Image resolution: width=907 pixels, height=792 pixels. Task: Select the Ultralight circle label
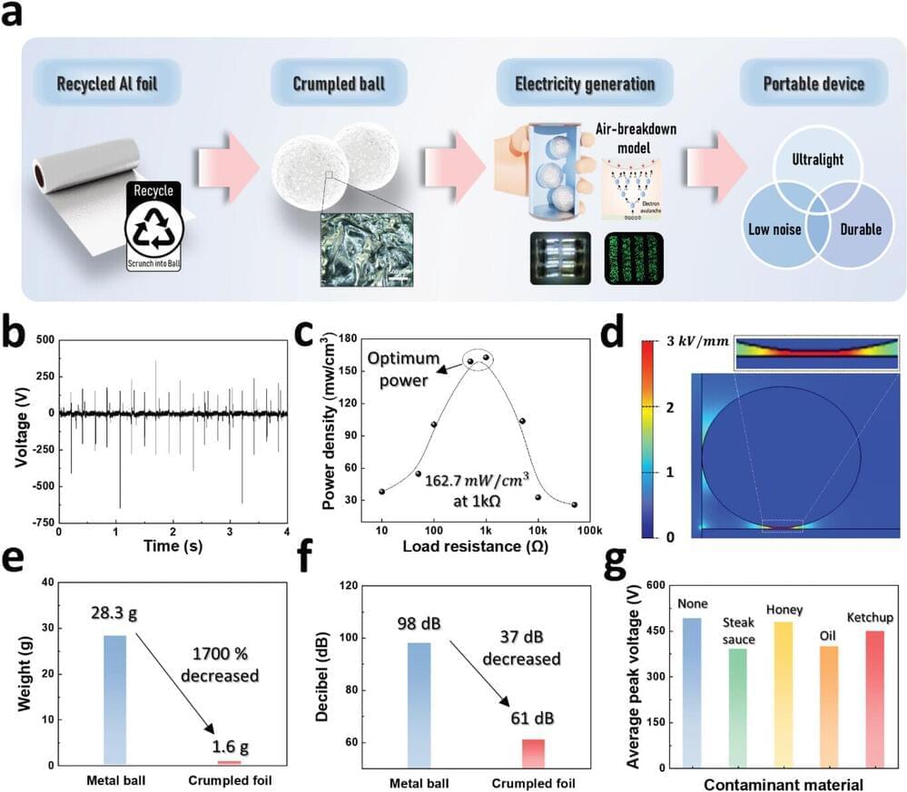(816, 159)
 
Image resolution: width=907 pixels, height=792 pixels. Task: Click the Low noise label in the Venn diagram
(773, 230)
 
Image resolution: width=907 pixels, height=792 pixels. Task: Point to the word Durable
(859, 230)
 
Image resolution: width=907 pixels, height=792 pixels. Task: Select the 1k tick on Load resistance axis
(486, 530)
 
